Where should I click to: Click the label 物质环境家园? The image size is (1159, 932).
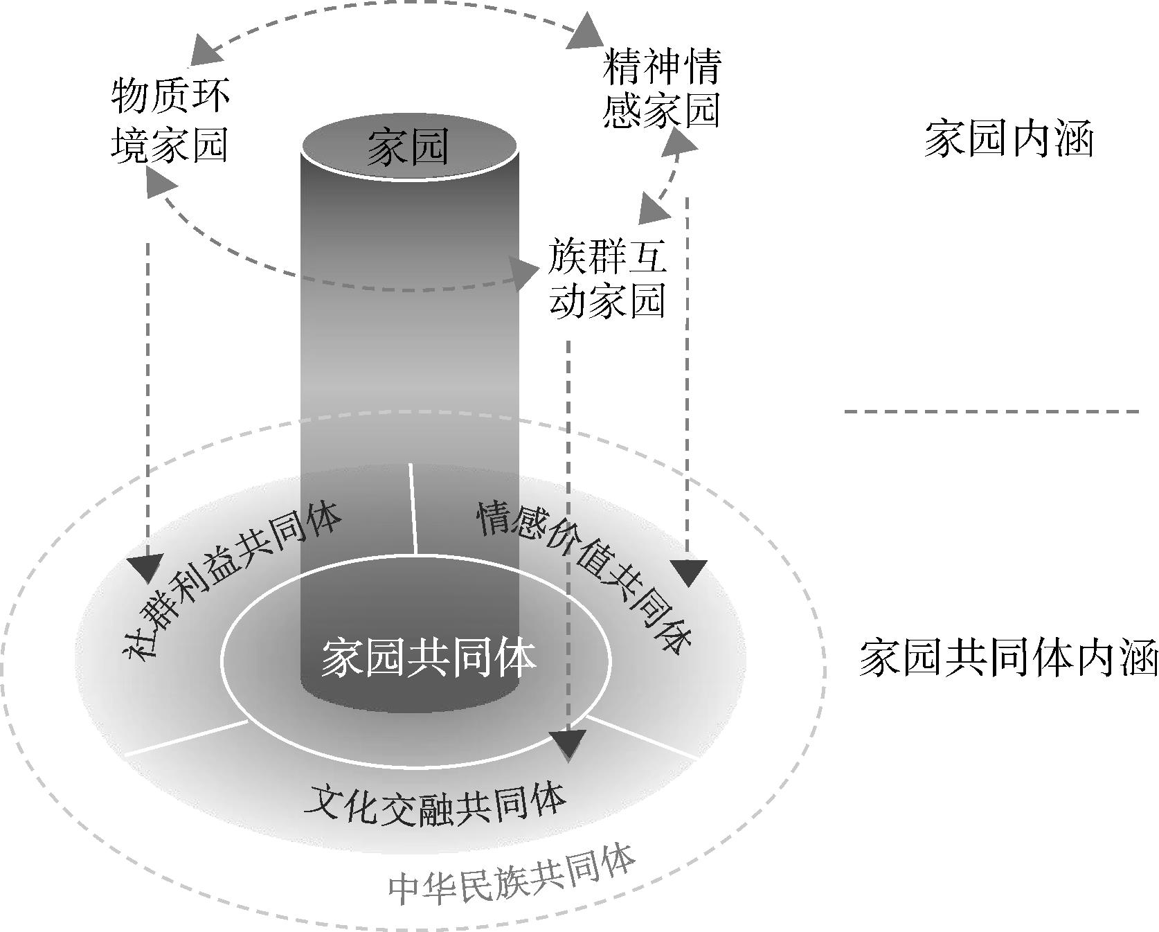[x=170, y=121]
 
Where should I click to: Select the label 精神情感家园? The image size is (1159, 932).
[x=662, y=88]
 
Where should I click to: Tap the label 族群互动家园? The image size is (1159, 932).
[x=608, y=278]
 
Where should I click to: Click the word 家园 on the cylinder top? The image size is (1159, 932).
[x=408, y=147]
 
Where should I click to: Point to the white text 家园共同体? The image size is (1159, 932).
[x=428, y=658]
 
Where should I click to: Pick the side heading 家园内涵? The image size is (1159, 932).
[x=1008, y=139]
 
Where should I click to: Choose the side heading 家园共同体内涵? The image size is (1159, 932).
[x=1008, y=657]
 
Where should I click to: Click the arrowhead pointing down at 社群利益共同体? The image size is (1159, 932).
[x=147, y=567]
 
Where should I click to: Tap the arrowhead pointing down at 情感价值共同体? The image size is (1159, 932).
[x=688, y=572]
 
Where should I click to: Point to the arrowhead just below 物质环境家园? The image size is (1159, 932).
[x=159, y=184]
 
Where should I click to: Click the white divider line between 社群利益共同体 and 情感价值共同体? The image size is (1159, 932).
[x=413, y=509]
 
